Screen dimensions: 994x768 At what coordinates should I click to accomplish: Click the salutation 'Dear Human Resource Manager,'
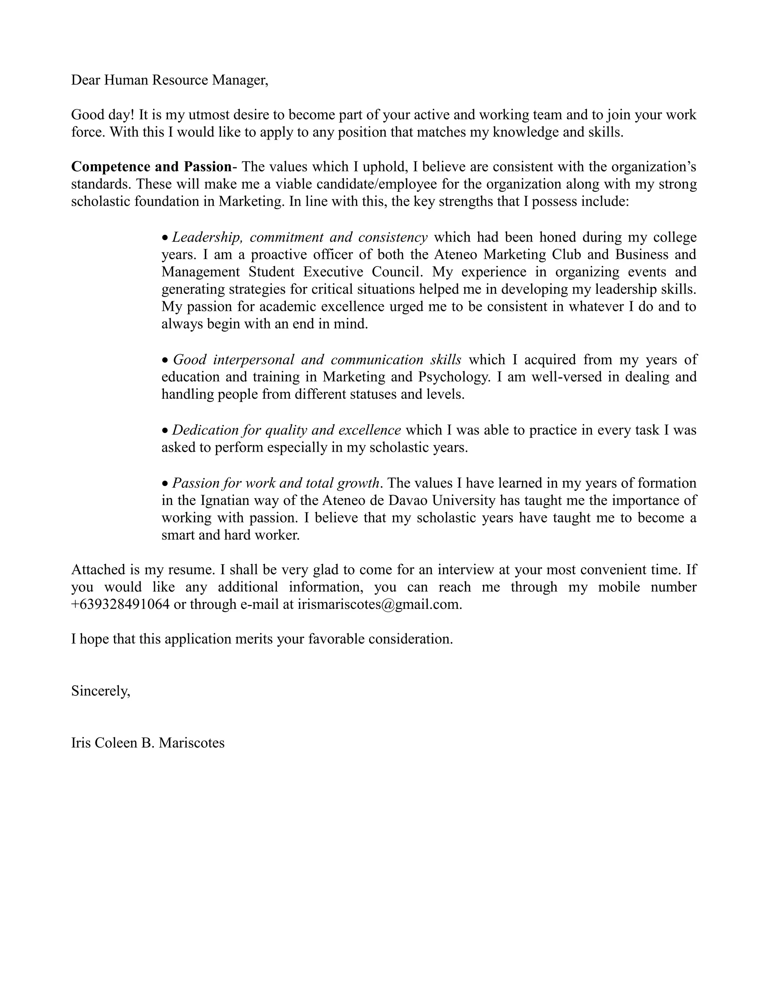tap(170, 80)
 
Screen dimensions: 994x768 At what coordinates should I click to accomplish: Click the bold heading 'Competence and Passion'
tap(151, 167)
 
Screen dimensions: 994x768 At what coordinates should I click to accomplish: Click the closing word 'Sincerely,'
tap(100, 691)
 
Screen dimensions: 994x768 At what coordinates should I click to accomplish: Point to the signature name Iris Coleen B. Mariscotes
tap(148, 743)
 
